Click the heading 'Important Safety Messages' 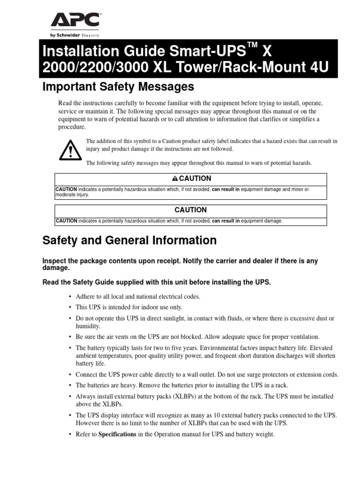click(x=118, y=87)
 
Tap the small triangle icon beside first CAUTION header click(x=175, y=179)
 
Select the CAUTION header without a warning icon click(x=191, y=210)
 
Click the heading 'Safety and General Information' click(x=129, y=240)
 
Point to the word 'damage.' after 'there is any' click(x=56, y=268)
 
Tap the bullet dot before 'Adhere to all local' click(x=69, y=297)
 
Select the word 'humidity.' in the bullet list click(x=88, y=326)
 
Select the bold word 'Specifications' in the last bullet click(x=117, y=435)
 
